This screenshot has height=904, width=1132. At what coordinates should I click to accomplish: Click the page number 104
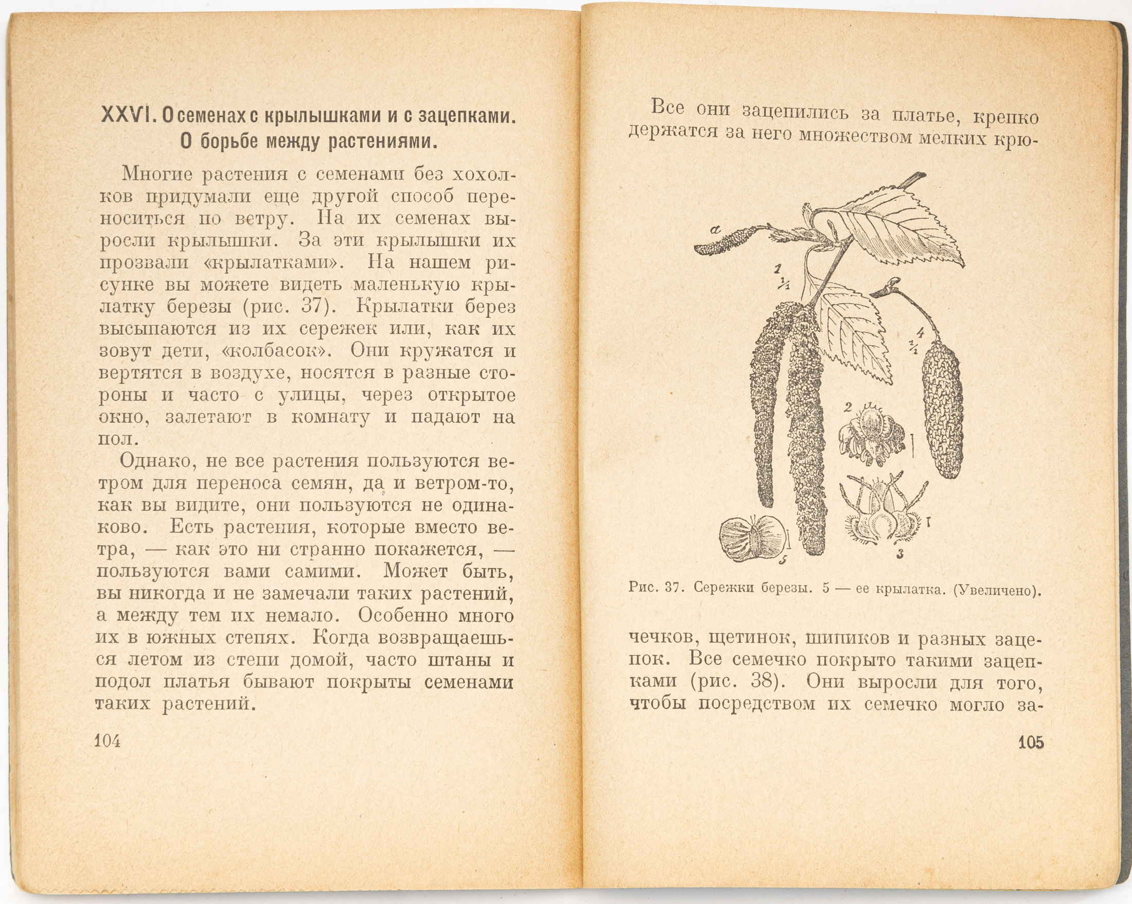coord(108,741)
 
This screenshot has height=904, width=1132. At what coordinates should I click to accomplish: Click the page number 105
coord(1031,742)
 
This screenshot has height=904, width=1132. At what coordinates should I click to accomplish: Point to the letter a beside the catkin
coord(715,229)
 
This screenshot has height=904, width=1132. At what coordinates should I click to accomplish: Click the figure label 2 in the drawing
coord(847,406)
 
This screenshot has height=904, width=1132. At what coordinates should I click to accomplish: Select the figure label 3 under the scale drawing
coord(899,553)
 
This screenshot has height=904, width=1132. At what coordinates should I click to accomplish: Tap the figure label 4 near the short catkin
coord(919,331)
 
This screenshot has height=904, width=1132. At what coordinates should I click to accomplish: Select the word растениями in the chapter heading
coord(382,141)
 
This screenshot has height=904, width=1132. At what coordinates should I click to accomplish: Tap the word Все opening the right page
coord(667,108)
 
